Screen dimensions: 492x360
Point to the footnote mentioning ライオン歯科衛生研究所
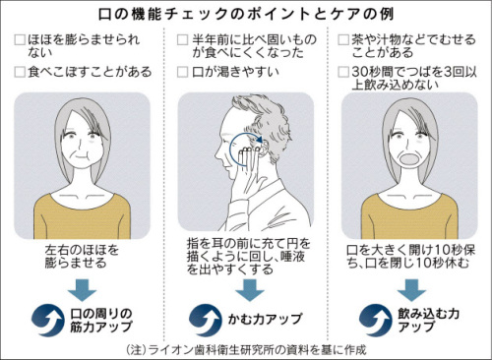pos(246,349)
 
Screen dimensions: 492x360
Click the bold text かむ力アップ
pos(260,321)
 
